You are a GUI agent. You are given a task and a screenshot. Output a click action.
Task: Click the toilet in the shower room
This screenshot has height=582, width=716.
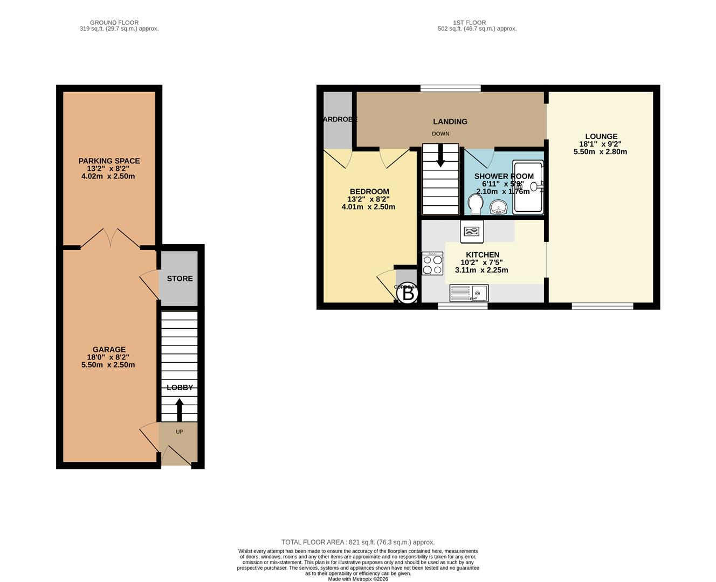point(475,205)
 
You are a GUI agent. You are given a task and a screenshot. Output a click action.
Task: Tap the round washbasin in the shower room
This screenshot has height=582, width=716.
point(499,207)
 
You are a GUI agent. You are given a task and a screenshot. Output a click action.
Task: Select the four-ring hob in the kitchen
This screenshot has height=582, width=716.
point(432,264)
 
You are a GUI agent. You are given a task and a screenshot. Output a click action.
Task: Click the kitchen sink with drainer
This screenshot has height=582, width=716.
point(469,293)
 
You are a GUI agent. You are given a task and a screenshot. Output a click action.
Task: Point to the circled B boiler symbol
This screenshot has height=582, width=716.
point(409,294)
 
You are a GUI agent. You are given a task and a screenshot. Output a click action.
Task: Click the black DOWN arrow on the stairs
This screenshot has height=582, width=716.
point(440,156)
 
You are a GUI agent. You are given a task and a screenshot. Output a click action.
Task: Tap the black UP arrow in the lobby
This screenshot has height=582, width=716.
point(179,410)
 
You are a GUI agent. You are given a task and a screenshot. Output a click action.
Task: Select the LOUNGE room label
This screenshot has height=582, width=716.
point(601,136)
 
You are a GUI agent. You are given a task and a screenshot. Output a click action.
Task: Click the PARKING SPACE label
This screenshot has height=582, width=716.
point(109,161)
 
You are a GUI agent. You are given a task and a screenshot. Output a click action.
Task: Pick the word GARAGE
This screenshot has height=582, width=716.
point(109,349)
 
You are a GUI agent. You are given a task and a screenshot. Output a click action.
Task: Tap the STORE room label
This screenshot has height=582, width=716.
point(180,279)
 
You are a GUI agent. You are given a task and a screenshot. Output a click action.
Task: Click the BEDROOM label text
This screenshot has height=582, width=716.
point(369,191)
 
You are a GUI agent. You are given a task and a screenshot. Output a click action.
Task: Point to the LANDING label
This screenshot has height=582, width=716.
point(450,121)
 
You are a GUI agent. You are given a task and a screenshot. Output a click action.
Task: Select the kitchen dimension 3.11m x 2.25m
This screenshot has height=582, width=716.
point(481,270)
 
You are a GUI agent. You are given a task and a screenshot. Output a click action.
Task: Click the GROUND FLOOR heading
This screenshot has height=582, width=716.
point(114,23)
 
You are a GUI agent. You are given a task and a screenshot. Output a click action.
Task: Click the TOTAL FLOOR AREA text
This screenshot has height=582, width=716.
point(357,542)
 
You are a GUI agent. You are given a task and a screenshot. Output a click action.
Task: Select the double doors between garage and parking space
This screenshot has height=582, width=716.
point(111,239)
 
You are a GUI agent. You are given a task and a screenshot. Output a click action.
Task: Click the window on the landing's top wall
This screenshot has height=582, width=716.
point(450,88)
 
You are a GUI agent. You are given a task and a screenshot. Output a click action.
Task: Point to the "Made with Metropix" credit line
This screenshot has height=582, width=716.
point(357,579)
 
